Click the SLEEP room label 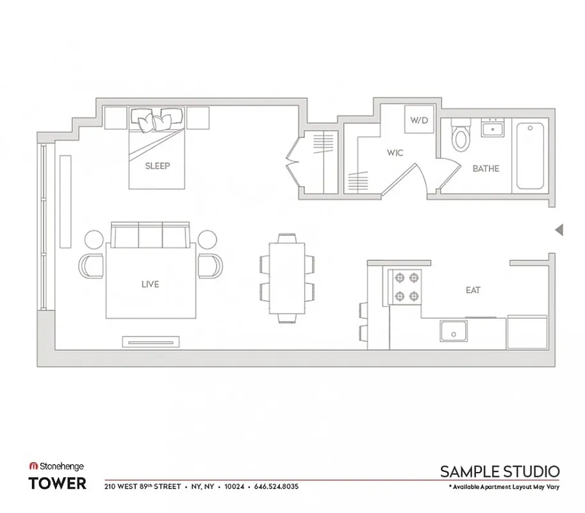pyautogui.click(x=158, y=166)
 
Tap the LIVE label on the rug pyautogui.click(x=151, y=284)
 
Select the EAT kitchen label pyautogui.click(x=473, y=290)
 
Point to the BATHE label pyautogui.click(x=486, y=169)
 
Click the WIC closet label pyautogui.click(x=393, y=153)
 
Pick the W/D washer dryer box pyautogui.click(x=418, y=120)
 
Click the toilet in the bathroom pyautogui.click(x=460, y=136)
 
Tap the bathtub pyautogui.click(x=530, y=155)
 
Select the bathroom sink pyautogui.click(x=493, y=129)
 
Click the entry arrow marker pyautogui.click(x=559, y=230)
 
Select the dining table pyautogui.click(x=287, y=278)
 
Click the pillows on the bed pyautogui.click(x=157, y=119)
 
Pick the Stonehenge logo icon pyautogui.click(x=33, y=467)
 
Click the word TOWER pyautogui.click(x=58, y=484)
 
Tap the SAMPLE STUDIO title pyautogui.click(x=500, y=472)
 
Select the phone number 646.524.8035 pyautogui.click(x=276, y=487)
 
